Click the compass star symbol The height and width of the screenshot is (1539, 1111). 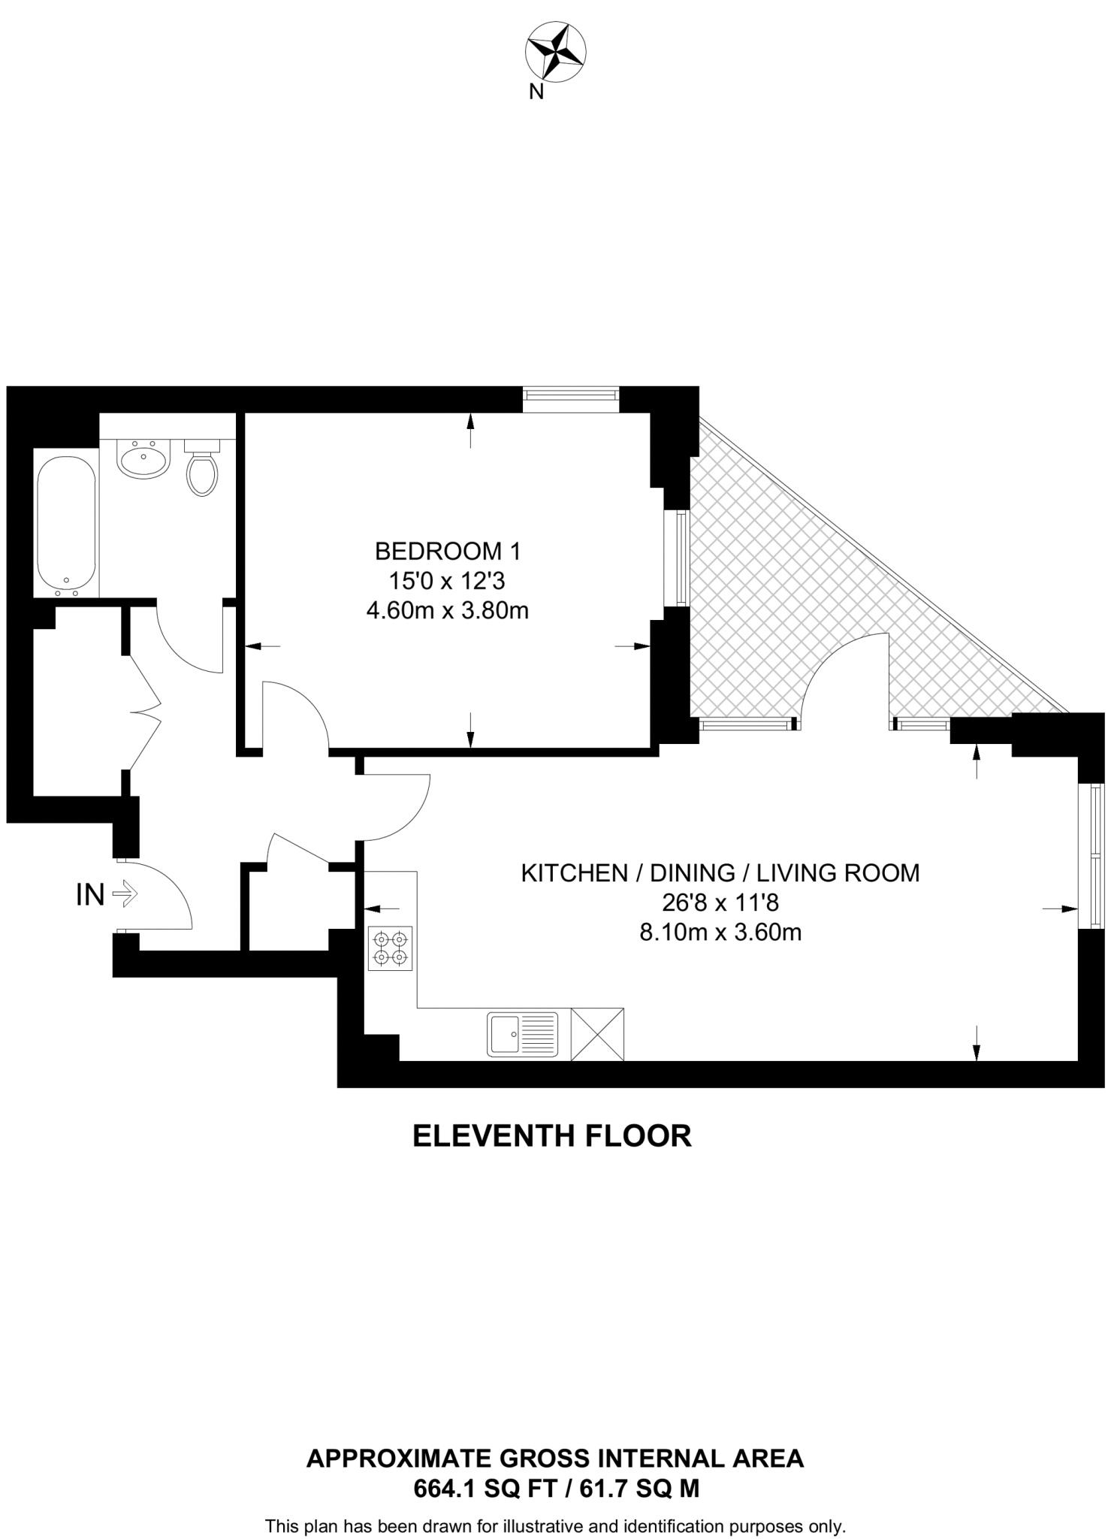(555, 52)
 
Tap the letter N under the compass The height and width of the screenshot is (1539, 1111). (536, 92)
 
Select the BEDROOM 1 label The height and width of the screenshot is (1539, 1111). (447, 552)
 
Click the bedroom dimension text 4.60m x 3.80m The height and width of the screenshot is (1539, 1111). (447, 611)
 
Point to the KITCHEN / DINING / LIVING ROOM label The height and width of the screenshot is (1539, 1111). (720, 872)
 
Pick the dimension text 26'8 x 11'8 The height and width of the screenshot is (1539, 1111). (720, 903)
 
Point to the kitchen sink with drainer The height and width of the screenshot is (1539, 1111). (523, 1034)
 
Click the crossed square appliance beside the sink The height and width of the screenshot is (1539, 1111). (597, 1034)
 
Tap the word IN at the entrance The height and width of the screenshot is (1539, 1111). (90, 895)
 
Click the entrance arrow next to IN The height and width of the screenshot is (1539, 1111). (124, 894)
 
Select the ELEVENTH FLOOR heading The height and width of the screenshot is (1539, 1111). (552, 1136)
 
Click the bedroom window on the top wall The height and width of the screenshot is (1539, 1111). (571, 399)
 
